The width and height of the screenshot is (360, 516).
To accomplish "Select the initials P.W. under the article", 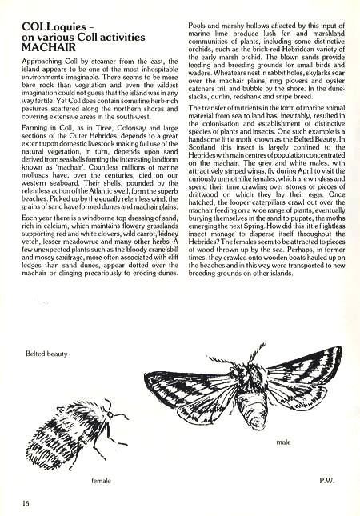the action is click(x=326, y=480).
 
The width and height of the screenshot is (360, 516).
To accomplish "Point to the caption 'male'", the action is click(x=282, y=442).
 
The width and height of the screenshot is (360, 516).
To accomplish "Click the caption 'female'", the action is click(x=100, y=480).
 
